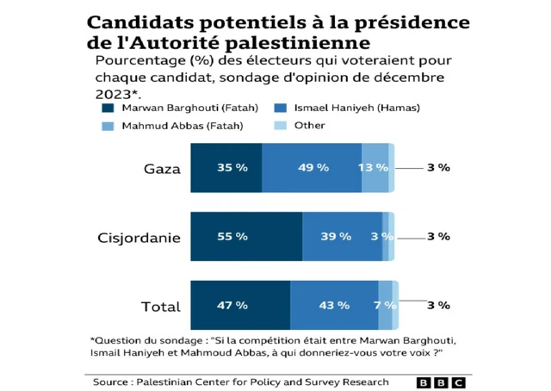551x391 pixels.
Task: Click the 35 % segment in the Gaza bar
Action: (226, 168)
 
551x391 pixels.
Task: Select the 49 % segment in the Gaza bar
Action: (312, 168)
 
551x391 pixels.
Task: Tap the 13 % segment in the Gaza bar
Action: (375, 168)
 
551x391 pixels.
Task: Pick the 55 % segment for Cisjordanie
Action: (246, 236)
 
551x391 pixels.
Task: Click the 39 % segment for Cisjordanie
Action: (342, 236)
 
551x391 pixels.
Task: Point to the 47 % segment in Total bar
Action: (240, 305)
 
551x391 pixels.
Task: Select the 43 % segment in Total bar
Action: (334, 305)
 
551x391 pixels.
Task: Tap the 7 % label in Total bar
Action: (384, 305)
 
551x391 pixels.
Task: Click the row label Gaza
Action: (162, 168)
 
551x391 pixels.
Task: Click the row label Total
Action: (160, 307)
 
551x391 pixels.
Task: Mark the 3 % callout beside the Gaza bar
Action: (438, 168)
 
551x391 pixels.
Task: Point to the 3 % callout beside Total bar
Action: (438, 305)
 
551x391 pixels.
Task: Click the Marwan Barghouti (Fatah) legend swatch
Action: (108, 108)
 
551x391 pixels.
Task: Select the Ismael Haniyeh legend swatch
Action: (280, 108)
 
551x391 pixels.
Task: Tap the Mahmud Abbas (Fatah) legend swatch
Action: (108, 126)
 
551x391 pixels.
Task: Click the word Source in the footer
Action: (111, 382)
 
